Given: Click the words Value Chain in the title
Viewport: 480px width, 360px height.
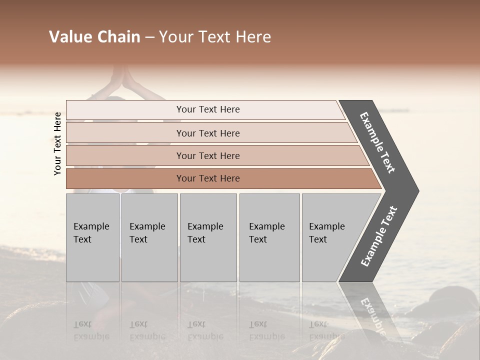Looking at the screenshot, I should click(94, 37).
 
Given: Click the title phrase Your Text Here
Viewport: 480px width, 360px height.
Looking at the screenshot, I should click(215, 37).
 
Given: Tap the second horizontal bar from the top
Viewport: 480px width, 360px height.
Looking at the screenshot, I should click(208, 133).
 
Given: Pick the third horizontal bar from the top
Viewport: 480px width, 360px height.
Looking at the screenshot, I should click(208, 155).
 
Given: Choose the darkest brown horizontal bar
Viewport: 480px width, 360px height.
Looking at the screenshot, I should click(208, 178).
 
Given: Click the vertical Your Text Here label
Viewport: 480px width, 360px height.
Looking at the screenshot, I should click(57, 143).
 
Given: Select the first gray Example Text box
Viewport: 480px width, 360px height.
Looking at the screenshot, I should click(92, 237).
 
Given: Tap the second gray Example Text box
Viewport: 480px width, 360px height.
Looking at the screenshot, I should click(149, 237).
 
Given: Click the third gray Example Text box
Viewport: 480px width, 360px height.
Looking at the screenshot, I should click(208, 237).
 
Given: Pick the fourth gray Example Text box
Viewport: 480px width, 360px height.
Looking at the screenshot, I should click(269, 237).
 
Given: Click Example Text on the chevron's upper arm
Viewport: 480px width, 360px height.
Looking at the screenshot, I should click(377, 142).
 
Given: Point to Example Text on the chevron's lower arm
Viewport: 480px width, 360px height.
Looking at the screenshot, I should click(379, 236).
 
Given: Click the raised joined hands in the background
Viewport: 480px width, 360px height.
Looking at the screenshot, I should click(120, 78).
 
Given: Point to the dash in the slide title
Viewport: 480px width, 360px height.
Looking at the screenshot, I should click(149, 37).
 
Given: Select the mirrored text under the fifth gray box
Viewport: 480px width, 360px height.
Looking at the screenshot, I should click(326, 330).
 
